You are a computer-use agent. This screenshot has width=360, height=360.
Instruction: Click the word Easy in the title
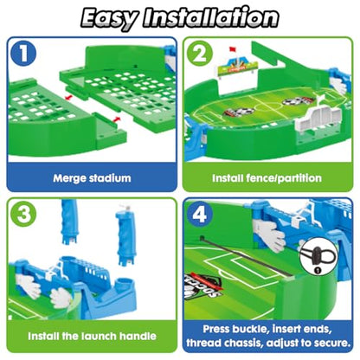pos(109,18)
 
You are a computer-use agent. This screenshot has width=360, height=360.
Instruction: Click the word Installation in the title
pos(211,17)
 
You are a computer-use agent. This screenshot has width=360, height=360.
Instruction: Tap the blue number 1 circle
pos(23,54)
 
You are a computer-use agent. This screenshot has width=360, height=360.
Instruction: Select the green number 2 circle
pos(200,54)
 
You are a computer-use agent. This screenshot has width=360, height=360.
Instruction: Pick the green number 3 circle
pos(23,215)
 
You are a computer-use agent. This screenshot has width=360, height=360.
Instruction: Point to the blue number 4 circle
pos(200,215)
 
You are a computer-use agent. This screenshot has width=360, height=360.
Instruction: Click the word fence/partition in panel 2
pos(284,178)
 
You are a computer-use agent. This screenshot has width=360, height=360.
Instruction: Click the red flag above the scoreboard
pos(233,49)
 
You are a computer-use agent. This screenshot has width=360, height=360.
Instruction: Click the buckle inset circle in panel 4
pos(318,256)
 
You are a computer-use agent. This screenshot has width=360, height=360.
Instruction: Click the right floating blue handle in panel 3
pos(125,235)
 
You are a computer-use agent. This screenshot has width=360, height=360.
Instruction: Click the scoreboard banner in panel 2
pos(236,67)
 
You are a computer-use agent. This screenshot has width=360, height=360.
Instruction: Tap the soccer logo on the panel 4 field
pos(202,285)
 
